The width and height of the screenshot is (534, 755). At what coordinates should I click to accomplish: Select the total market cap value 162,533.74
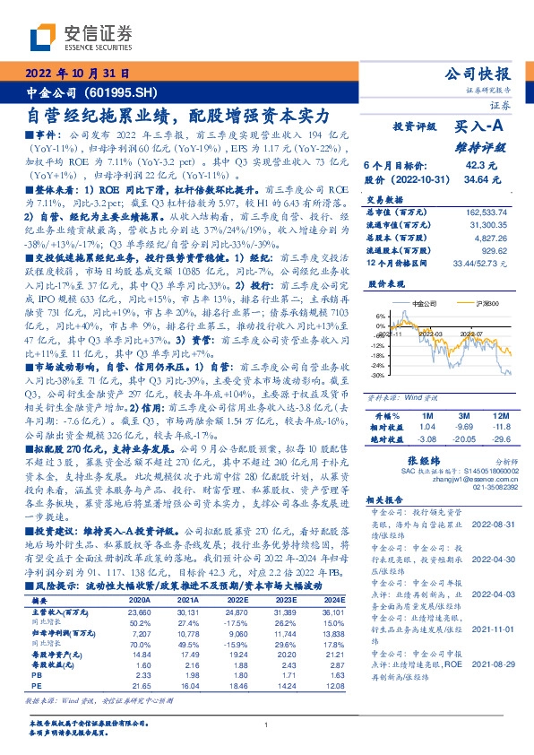coord(491,212)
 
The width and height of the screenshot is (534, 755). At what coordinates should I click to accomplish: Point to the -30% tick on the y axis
coord(380,376)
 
